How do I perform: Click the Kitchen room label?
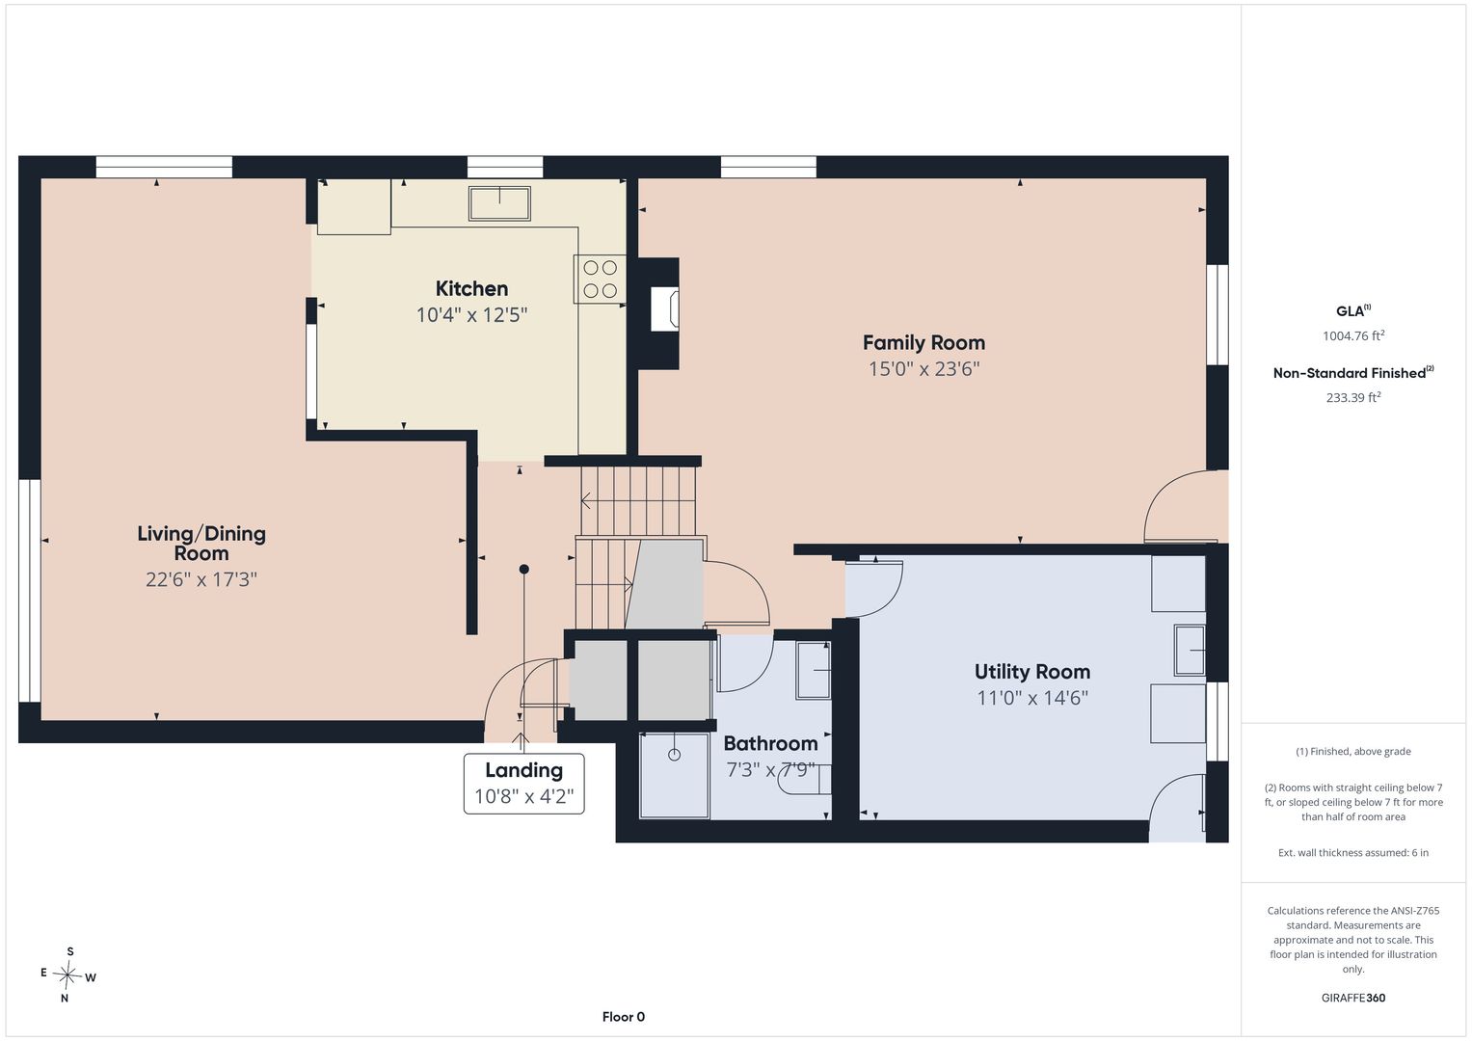(471, 288)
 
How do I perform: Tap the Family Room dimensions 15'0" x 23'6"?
(923, 368)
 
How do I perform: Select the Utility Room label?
(1031, 672)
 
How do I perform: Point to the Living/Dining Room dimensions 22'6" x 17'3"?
(201, 579)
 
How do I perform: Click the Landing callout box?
(523, 784)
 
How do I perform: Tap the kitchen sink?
(499, 203)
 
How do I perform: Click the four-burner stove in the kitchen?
(600, 279)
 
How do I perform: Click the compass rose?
(67, 974)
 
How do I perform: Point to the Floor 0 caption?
(623, 1017)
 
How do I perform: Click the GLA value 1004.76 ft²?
(1353, 335)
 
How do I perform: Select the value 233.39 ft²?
(1353, 397)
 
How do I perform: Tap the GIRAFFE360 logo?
(1353, 998)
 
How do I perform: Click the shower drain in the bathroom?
(674, 755)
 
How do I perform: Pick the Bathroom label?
(770, 743)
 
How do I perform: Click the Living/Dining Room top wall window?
(164, 167)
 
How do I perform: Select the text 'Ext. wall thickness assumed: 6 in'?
(1353, 852)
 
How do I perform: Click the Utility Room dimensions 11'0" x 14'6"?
(1031, 698)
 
